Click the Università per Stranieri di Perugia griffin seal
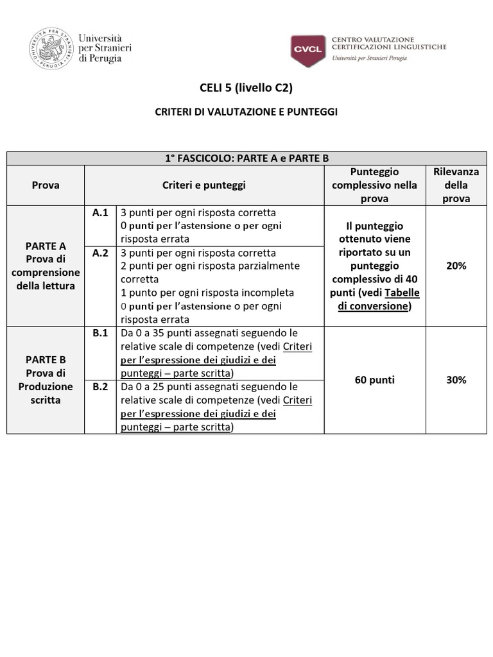51,49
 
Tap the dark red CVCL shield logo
307,51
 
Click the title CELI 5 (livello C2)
246,88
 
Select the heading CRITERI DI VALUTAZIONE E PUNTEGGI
246,112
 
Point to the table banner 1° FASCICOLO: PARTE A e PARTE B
246,158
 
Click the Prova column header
46,185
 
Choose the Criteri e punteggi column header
204,185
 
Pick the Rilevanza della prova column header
456,185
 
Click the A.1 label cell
100,212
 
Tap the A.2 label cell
100,253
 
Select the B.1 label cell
100,333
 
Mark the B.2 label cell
100,387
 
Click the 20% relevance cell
456,266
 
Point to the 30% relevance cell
456,380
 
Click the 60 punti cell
374,380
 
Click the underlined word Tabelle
402,293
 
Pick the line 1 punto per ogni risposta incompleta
207,293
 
